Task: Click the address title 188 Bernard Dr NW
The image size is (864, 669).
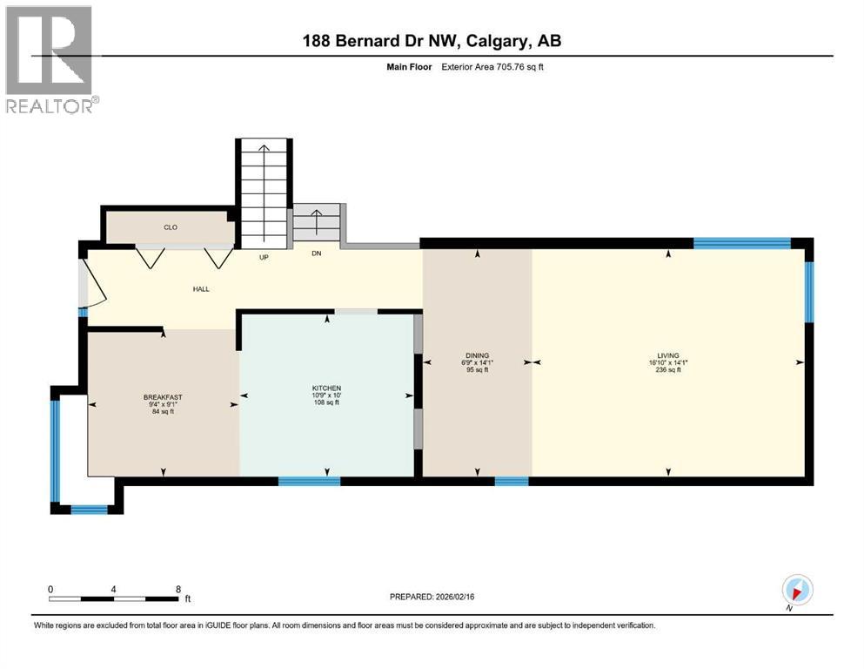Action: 432,41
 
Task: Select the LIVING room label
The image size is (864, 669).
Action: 668,355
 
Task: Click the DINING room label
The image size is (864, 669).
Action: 477,355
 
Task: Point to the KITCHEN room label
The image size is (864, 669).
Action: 327,388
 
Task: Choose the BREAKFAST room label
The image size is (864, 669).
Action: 163,397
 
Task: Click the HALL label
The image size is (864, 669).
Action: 201,289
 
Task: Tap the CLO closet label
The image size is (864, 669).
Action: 171,227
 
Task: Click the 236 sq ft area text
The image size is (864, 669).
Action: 668,370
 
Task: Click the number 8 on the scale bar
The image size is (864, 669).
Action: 178,589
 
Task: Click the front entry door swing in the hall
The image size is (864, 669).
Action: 91,283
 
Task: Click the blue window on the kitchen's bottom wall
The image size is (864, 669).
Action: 309,480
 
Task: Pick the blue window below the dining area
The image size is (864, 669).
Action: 511,480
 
